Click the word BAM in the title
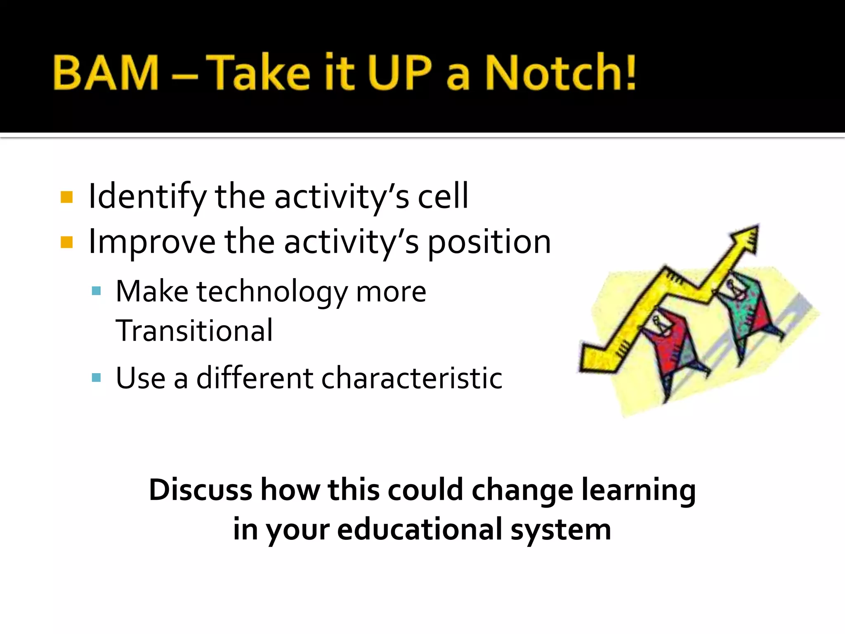[x=106, y=73]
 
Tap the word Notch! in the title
[x=560, y=73]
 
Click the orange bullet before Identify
[x=66, y=197]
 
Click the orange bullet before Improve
[x=66, y=242]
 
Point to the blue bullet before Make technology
[x=97, y=291]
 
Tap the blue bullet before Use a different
[x=97, y=378]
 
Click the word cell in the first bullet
[x=443, y=196]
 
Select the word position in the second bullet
[x=489, y=243]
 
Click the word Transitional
[x=194, y=331]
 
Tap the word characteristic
[x=411, y=378]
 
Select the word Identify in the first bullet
[x=147, y=197]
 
